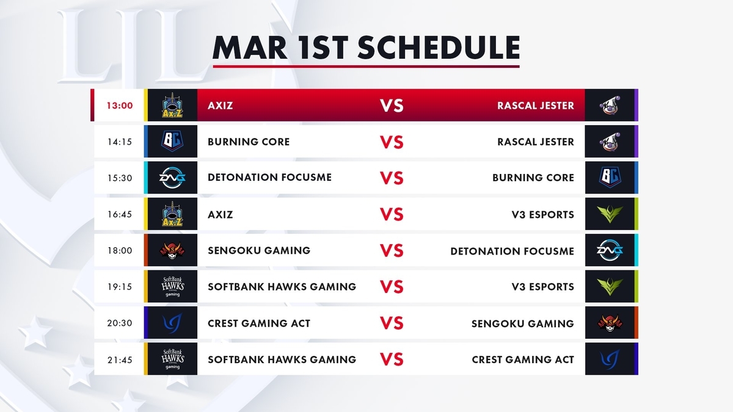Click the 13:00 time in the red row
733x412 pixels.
(x=120, y=106)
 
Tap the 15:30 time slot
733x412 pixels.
(x=120, y=178)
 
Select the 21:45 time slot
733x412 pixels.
(x=120, y=360)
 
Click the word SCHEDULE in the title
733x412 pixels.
(x=439, y=48)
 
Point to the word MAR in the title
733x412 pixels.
(x=250, y=48)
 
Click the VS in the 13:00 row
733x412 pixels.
(x=392, y=106)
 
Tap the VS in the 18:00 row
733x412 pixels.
(x=392, y=251)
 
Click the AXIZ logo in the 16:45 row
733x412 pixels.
(x=172, y=214)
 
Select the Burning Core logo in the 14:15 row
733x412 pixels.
(x=172, y=141)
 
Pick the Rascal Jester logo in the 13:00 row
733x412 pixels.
(x=610, y=105)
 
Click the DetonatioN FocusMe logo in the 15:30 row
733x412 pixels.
(x=172, y=178)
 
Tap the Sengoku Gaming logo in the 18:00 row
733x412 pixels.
(x=172, y=250)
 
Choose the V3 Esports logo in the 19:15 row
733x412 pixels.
(x=610, y=286)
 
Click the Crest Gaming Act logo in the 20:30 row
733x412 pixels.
(x=172, y=323)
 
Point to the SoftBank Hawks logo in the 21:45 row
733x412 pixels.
(x=172, y=359)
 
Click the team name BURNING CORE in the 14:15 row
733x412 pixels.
(x=249, y=142)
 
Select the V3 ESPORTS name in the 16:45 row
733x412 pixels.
(x=543, y=214)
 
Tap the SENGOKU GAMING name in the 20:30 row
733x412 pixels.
(x=523, y=323)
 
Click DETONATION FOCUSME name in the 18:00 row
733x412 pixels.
(x=512, y=251)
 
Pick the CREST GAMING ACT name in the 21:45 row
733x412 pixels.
(x=523, y=360)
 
